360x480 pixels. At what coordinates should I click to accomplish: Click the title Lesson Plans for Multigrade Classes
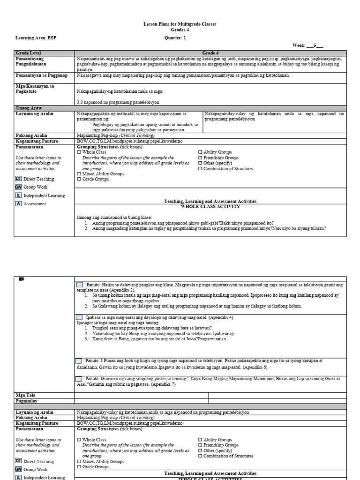tap(180, 24)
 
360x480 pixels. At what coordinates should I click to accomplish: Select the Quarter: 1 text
tap(175, 37)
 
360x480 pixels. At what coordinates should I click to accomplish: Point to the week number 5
tap(315, 45)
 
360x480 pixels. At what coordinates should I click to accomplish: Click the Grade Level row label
tap(29, 53)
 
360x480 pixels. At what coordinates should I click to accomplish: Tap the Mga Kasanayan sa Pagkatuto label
tap(36, 89)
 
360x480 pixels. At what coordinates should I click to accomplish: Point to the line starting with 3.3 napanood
tap(118, 102)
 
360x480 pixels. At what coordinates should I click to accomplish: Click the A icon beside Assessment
tap(19, 204)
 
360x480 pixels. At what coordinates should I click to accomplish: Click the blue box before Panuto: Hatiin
tap(79, 285)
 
